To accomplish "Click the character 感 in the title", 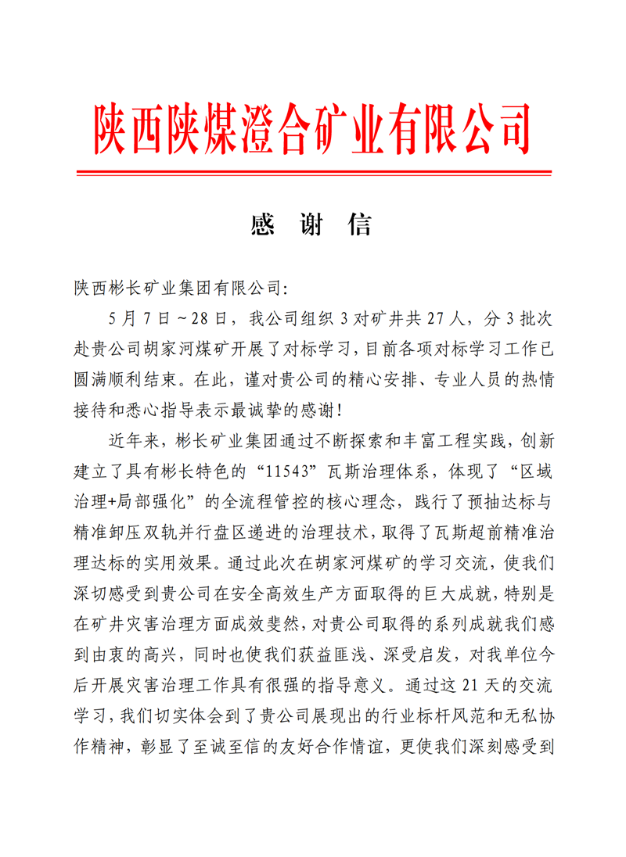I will (x=262, y=225).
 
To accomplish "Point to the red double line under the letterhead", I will (x=313, y=173).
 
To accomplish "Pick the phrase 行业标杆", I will (x=414, y=716).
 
